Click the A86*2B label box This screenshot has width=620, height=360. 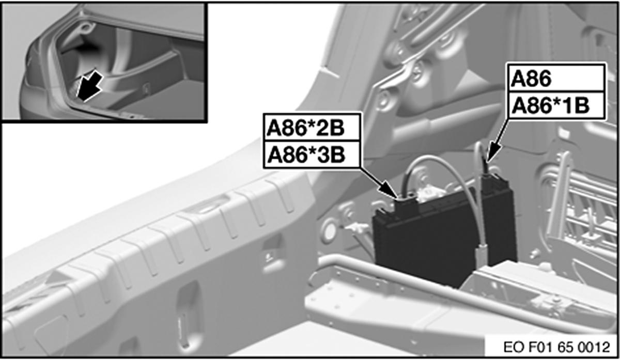tap(312, 128)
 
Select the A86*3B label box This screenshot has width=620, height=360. tap(312, 154)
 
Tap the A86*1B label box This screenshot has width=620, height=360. tap(556, 105)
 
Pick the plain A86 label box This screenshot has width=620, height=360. tap(556, 79)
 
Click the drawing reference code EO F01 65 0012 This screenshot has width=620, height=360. tap(556, 347)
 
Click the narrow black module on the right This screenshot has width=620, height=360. tap(498, 222)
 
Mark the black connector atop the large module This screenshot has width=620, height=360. tap(406, 205)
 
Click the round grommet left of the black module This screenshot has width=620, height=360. tap(329, 230)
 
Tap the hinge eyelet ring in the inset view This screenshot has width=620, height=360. tap(87, 27)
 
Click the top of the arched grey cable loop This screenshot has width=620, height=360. tap(432, 158)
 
